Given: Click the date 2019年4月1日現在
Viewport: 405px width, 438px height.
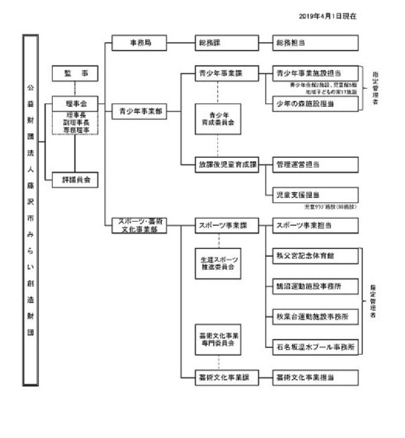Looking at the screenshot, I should click(x=327, y=16).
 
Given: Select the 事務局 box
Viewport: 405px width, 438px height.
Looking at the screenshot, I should click(x=140, y=43).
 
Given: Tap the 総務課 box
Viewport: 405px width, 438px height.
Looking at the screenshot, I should click(x=226, y=43).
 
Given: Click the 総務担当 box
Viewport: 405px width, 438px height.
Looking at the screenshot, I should click(x=315, y=43).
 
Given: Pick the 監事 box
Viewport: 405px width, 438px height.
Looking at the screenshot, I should click(x=75, y=74).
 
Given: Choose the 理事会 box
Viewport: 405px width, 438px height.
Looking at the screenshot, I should click(x=75, y=104).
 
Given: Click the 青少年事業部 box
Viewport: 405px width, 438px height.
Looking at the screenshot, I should click(x=140, y=111).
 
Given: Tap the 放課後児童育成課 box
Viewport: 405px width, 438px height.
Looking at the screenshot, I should click(x=226, y=164).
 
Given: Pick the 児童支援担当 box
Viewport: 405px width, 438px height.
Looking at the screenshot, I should click(x=315, y=195).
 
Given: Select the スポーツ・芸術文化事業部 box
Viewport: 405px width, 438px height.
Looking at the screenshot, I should click(x=140, y=226).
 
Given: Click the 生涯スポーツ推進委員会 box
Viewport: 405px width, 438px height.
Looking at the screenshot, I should click(x=218, y=263).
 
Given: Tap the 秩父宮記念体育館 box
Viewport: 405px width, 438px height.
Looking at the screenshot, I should click(x=315, y=255).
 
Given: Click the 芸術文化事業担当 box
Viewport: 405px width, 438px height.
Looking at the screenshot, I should click(x=315, y=377).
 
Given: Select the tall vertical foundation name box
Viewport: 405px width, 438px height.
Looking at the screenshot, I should click(x=31, y=210).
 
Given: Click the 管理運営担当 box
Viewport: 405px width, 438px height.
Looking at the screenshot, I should click(x=315, y=164).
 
